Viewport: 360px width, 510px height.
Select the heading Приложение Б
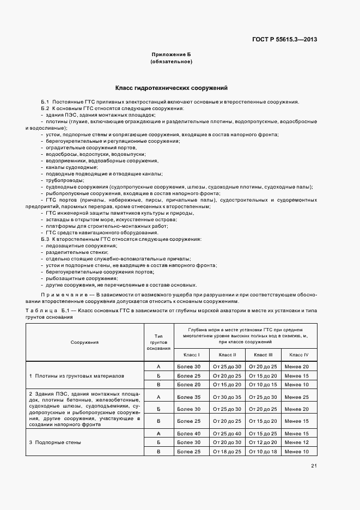click(171, 54)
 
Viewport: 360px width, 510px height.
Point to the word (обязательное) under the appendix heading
click(171, 62)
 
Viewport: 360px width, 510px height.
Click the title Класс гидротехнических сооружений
click(171, 88)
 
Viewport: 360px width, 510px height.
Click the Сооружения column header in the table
click(84, 342)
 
